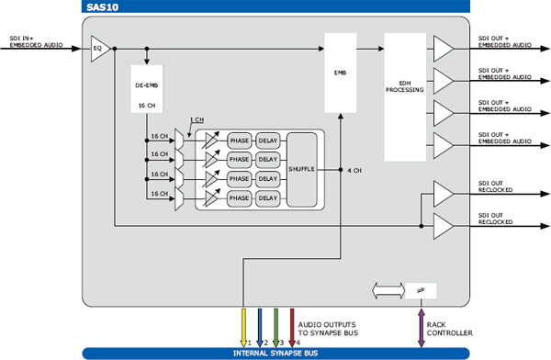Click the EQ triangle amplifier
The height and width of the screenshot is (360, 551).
tap(99, 49)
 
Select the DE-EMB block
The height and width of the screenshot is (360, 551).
tap(147, 89)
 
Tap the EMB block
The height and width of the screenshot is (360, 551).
tap(340, 73)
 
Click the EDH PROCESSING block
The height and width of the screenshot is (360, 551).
tap(405, 97)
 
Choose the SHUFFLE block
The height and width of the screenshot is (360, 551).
tap(301, 170)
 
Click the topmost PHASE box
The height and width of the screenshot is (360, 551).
tap(240, 141)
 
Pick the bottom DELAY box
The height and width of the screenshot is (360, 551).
tap(268, 198)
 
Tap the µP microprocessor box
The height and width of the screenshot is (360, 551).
tap(421, 291)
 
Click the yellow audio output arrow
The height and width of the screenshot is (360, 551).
tap(243, 328)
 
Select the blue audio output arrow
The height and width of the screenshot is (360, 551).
tap(260, 328)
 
